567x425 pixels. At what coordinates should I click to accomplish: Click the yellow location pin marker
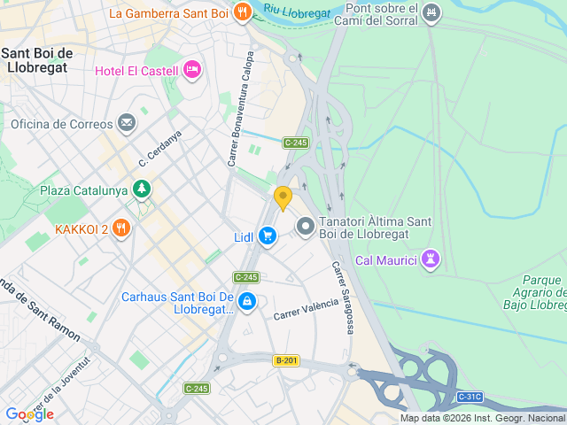click(283, 197)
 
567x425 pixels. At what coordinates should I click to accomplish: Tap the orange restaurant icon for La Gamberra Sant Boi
click(242, 12)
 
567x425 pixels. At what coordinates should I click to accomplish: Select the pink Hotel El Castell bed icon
click(191, 69)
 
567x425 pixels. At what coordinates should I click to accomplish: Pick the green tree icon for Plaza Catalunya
click(141, 189)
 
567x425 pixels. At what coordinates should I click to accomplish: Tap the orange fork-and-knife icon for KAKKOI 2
click(121, 228)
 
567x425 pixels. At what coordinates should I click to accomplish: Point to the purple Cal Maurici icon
click(431, 259)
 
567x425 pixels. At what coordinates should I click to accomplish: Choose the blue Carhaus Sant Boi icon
click(247, 303)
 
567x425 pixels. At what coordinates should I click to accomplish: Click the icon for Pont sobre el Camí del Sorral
click(431, 12)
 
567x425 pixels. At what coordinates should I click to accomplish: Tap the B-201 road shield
click(286, 359)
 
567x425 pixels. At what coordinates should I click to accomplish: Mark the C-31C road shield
click(470, 396)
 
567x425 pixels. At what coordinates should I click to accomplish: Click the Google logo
click(29, 413)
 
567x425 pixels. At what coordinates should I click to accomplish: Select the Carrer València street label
click(306, 309)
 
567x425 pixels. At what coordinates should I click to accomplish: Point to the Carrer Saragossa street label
click(343, 297)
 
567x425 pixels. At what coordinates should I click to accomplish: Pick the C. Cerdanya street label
click(159, 149)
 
